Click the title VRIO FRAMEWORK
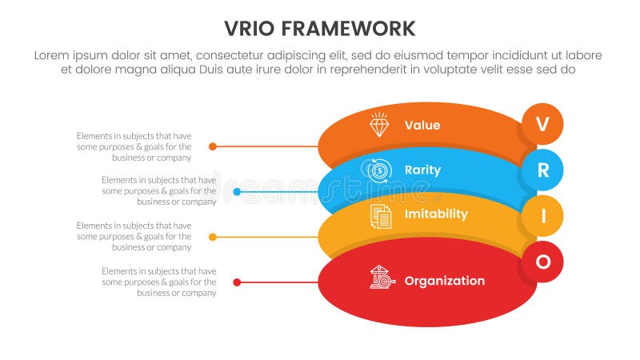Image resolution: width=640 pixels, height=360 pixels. click(x=319, y=29)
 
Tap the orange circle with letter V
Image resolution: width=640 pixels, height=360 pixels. click(x=542, y=124)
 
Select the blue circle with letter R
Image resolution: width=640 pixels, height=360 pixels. click(x=542, y=170)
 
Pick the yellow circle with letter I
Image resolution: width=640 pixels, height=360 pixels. click(x=542, y=216)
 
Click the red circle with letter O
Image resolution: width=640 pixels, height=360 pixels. click(x=542, y=262)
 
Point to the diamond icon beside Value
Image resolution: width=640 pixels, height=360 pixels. click(x=379, y=125)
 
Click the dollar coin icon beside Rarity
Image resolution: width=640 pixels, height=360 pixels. click(x=379, y=170)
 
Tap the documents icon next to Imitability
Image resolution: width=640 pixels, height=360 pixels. click(x=381, y=216)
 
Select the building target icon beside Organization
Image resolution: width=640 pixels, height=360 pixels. click(x=382, y=278)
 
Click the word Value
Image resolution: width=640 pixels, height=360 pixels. click(x=422, y=126)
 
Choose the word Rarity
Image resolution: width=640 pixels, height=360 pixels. click(x=422, y=170)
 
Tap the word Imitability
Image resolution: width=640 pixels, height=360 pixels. click(x=436, y=214)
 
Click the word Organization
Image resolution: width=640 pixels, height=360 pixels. click(x=444, y=281)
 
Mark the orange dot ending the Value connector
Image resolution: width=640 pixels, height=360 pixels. click(x=212, y=146)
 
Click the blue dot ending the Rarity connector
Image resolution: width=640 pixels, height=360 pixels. click(x=237, y=192)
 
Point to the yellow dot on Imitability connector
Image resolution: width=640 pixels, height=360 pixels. click(x=212, y=237)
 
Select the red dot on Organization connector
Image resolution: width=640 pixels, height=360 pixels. click(x=237, y=282)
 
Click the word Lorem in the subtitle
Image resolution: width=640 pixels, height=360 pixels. click(x=53, y=55)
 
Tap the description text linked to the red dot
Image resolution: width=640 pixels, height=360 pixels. click(x=158, y=282)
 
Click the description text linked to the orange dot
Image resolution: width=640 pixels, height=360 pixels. click(x=134, y=146)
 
